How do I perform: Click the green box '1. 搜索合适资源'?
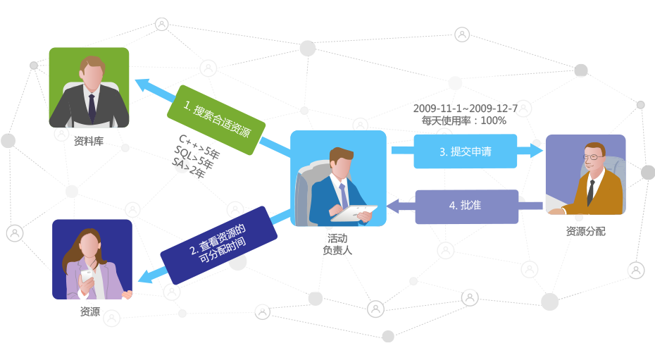[x=216, y=120]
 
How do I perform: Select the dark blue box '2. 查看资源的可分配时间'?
[x=219, y=245]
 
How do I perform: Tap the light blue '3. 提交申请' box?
[x=466, y=151]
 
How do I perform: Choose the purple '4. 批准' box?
[x=467, y=206]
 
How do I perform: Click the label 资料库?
[x=89, y=141]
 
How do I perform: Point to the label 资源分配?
[x=586, y=231]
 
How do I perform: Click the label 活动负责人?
[x=337, y=244]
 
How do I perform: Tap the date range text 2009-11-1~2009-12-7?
[x=466, y=108]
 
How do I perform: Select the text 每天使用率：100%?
[x=464, y=120]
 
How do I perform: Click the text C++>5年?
[x=199, y=147]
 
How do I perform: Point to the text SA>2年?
[x=188, y=168]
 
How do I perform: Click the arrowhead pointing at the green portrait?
[x=143, y=85]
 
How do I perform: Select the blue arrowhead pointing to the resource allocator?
[x=537, y=150]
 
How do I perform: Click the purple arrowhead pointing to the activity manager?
[x=393, y=206]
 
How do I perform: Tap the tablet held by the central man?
[x=354, y=213]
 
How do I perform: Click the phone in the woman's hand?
[x=87, y=276]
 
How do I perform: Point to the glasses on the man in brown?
[x=593, y=157]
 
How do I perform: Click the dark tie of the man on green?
[x=92, y=108]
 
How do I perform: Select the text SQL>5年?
[x=194, y=157]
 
